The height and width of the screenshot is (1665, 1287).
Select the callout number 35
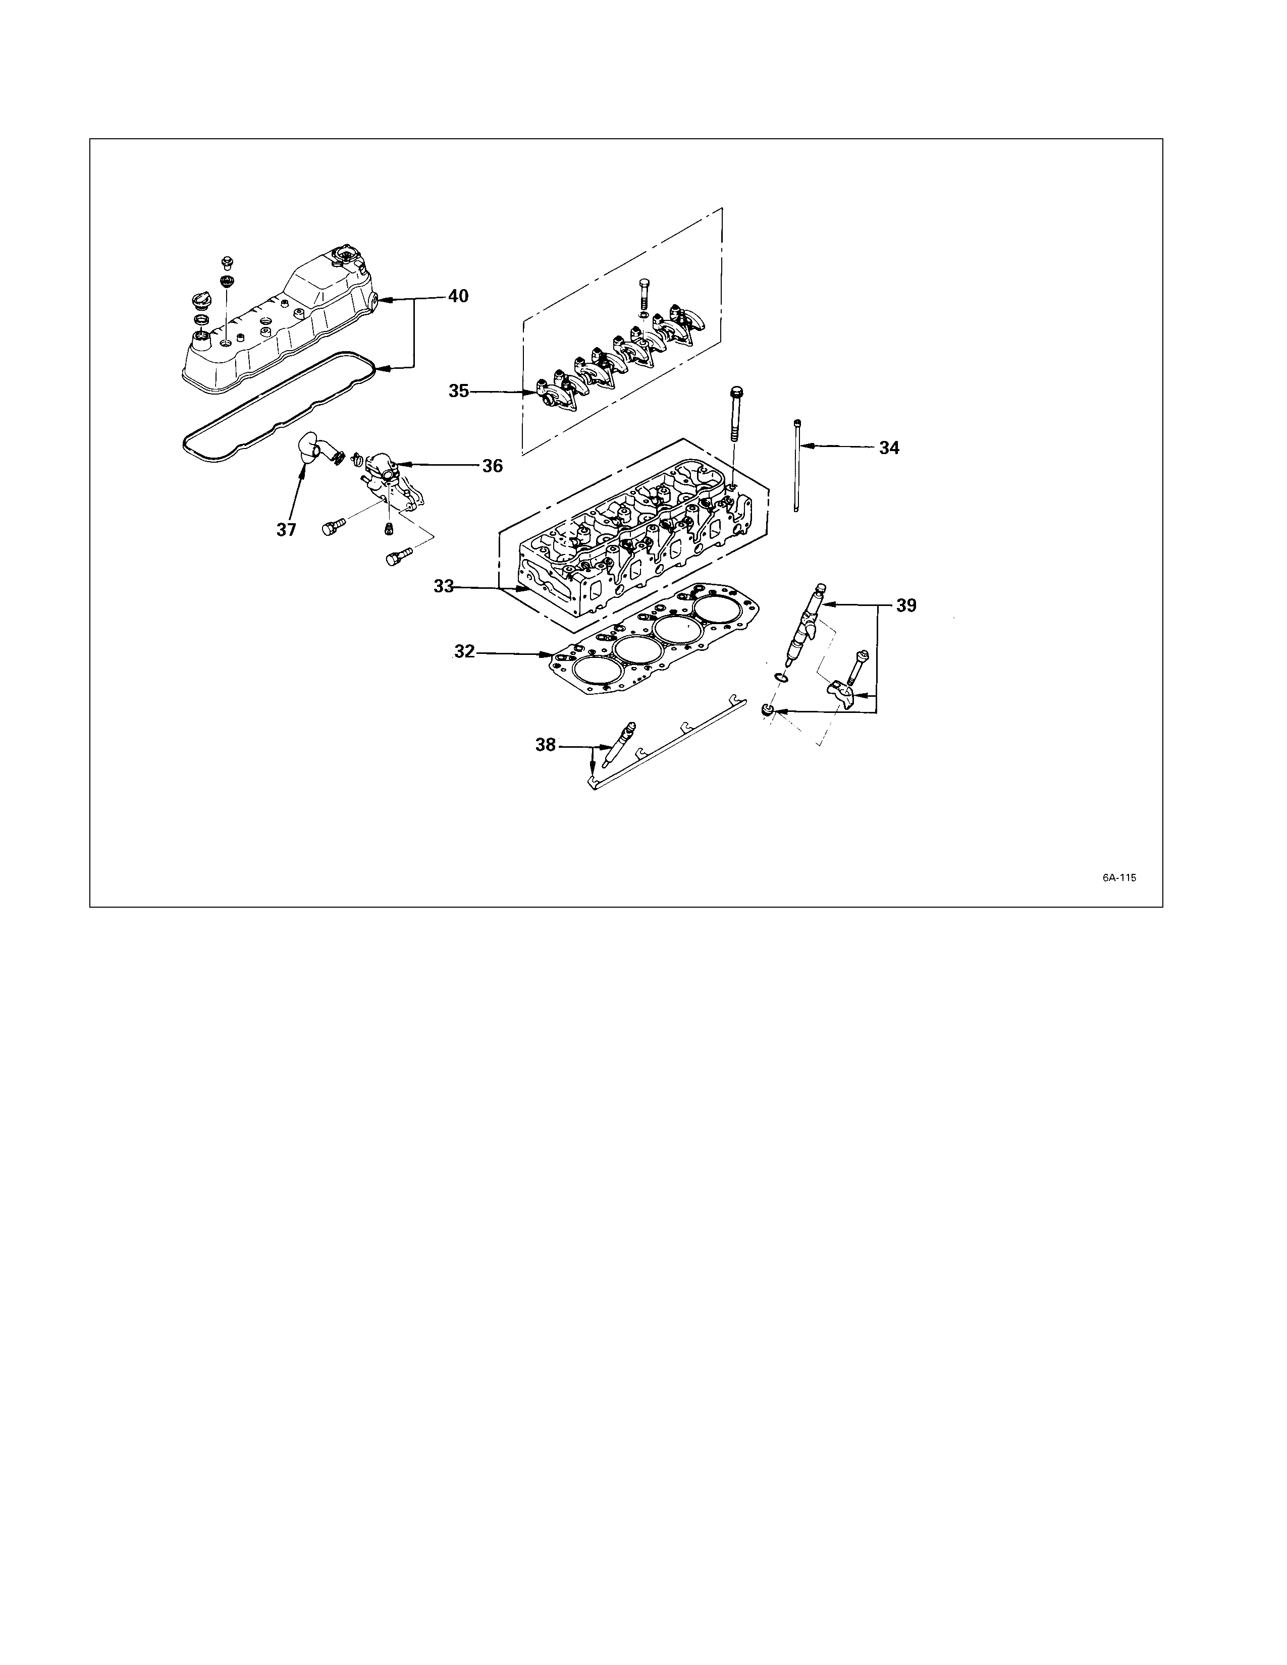coord(459,391)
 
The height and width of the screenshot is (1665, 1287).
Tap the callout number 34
coord(889,448)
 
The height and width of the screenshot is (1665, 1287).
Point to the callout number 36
coord(493,466)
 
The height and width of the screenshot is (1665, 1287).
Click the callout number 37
coord(287,530)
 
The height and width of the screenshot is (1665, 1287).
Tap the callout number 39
coord(906,605)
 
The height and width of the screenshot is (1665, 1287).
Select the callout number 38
coord(546,745)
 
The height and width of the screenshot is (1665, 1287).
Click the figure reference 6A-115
coord(1118,877)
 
